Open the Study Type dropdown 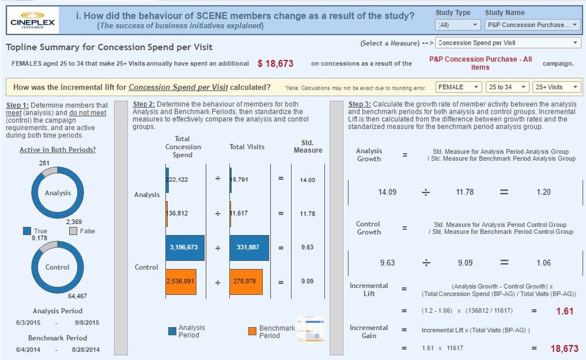pos(458,25)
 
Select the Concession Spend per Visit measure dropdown pos(508,43)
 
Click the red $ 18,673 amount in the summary pos(275,63)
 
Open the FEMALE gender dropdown pos(459,87)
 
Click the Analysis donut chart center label pos(57,193)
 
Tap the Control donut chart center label pos(57,267)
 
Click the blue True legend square pos(27,231)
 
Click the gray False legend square pos(73,231)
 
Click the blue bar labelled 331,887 pos(249,247)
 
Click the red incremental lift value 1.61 pos(564,311)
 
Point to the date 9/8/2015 pos(87,322)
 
